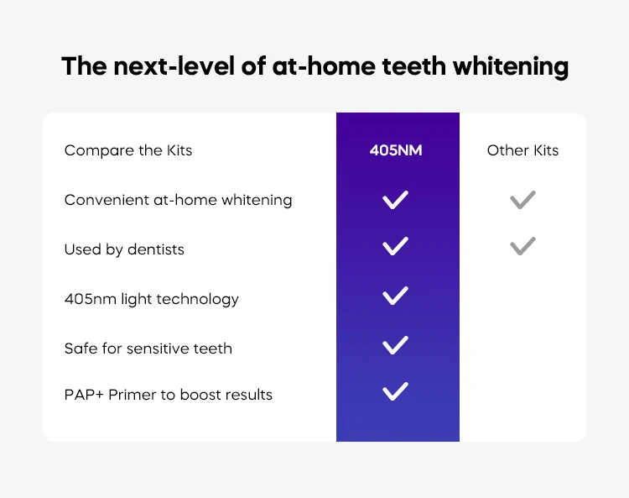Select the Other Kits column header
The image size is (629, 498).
tap(522, 151)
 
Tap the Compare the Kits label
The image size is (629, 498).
tap(128, 151)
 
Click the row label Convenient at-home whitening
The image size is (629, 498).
tap(178, 200)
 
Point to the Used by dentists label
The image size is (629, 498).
tap(124, 249)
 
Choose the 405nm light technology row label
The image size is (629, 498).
tap(151, 299)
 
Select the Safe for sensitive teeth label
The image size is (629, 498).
tap(148, 348)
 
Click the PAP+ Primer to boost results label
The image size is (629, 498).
tap(168, 395)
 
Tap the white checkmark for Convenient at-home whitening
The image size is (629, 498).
tap(395, 200)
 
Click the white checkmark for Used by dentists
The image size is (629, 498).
tap(395, 247)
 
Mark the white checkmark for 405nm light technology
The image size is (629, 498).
tap(395, 296)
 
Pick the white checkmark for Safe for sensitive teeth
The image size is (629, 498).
tap(395, 345)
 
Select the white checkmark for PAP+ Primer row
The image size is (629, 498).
tap(395, 391)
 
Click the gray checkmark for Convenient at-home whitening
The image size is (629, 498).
tap(522, 200)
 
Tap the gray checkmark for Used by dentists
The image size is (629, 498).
tap(522, 247)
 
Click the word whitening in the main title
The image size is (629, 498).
tap(512, 67)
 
